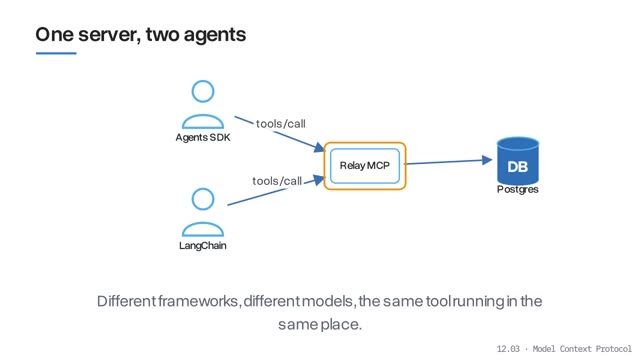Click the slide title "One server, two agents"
(x=141, y=35)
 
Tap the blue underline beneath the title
(x=56, y=53)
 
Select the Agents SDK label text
(x=203, y=138)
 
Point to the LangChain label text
(x=203, y=246)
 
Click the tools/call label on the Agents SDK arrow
(x=281, y=124)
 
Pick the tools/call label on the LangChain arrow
(x=277, y=181)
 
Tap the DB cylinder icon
(x=518, y=160)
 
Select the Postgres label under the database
(x=518, y=189)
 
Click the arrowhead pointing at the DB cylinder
(x=487, y=160)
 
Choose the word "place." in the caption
(x=341, y=325)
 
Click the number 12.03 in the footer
(x=508, y=349)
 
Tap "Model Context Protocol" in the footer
(x=582, y=349)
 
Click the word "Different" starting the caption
(x=127, y=301)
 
